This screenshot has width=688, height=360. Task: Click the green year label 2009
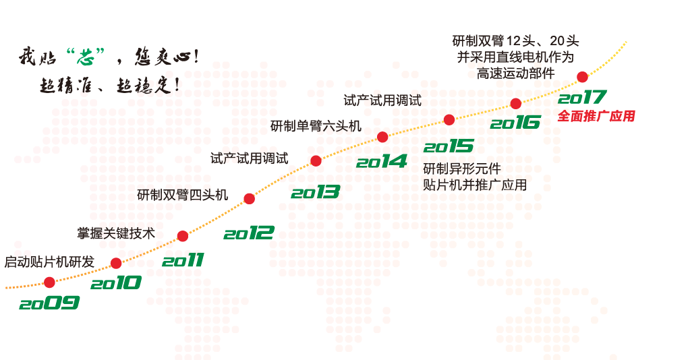(x=49, y=303)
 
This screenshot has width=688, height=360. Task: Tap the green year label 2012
(x=249, y=233)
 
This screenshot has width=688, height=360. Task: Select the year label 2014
(x=381, y=161)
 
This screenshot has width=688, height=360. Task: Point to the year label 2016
(x=515, y=122)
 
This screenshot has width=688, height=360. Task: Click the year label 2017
(x=582, y=97)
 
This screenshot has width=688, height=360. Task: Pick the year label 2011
(x=183, y=260)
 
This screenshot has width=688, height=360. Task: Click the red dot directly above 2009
(x=49, y=282)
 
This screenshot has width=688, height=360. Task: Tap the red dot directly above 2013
(x=316, y=160)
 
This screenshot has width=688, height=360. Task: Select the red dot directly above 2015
(x=449, y=120)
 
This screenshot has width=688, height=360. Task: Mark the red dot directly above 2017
(x=582, y=77)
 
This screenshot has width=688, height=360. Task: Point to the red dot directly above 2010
(x=116, y=263)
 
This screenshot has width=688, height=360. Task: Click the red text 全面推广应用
(x=596, y=116)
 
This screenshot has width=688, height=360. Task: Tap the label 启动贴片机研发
(x=50, y=262)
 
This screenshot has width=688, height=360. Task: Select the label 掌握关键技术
(x=116, y=233)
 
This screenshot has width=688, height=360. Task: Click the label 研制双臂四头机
(x=183, y=195)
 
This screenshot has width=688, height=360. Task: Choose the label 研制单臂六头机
(x=316, y=126)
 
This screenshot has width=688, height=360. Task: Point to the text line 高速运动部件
(x=515, y=73)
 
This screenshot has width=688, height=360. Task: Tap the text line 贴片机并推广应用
(x=475, y=185)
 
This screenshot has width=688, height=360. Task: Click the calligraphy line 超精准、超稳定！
(x=110, y=85)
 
